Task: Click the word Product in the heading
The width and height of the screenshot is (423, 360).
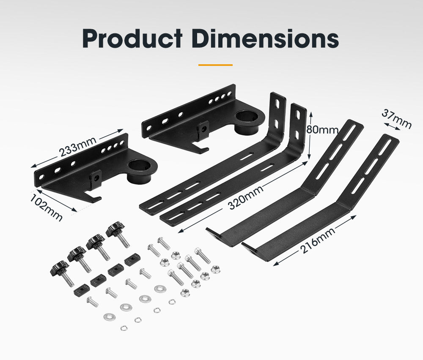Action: [132, 39]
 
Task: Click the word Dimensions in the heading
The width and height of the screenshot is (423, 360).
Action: [263, 39]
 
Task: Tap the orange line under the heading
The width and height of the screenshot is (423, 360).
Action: [215, 65]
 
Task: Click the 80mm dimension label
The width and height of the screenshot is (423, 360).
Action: [322, 129]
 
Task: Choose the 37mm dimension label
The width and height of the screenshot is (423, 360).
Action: [396, 118]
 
